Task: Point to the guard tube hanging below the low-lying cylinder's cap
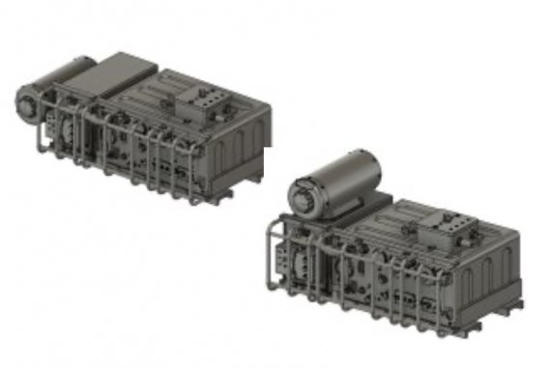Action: point(38,135)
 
